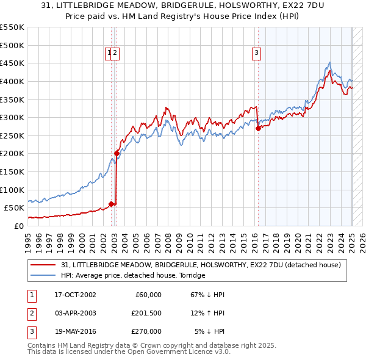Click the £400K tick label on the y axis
coord(12,81)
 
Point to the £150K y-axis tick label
coord(12,171)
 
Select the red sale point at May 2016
coord(257,128)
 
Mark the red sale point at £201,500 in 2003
coord(117,153)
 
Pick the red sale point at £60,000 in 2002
coord(111,204)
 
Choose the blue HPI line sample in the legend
coord(44,275)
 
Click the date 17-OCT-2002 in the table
coord(75,295)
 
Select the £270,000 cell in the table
coord(146,331)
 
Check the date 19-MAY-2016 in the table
coord(75,331)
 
